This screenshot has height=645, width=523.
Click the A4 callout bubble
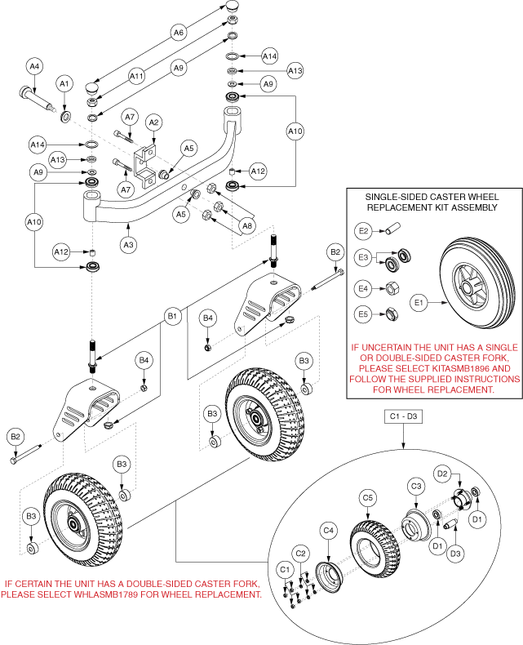pyautogui.click(x=35, y=67)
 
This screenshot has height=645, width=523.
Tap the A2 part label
pyautogui.click(x=152, y=122)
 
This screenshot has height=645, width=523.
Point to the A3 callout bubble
pyautogui.click(x=127, y=242)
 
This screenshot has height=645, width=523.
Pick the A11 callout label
pyautogui.click(x=137, y=76)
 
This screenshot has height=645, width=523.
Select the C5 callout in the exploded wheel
pyautogui.click(x=368, y=496)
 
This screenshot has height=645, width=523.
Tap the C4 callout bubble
pyautogui.click(x=329, y=531)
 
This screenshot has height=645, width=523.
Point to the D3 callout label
pyautogui.click(x=455, y=553)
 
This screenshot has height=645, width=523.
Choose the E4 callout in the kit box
pyautogui.click(x=361, y=288)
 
